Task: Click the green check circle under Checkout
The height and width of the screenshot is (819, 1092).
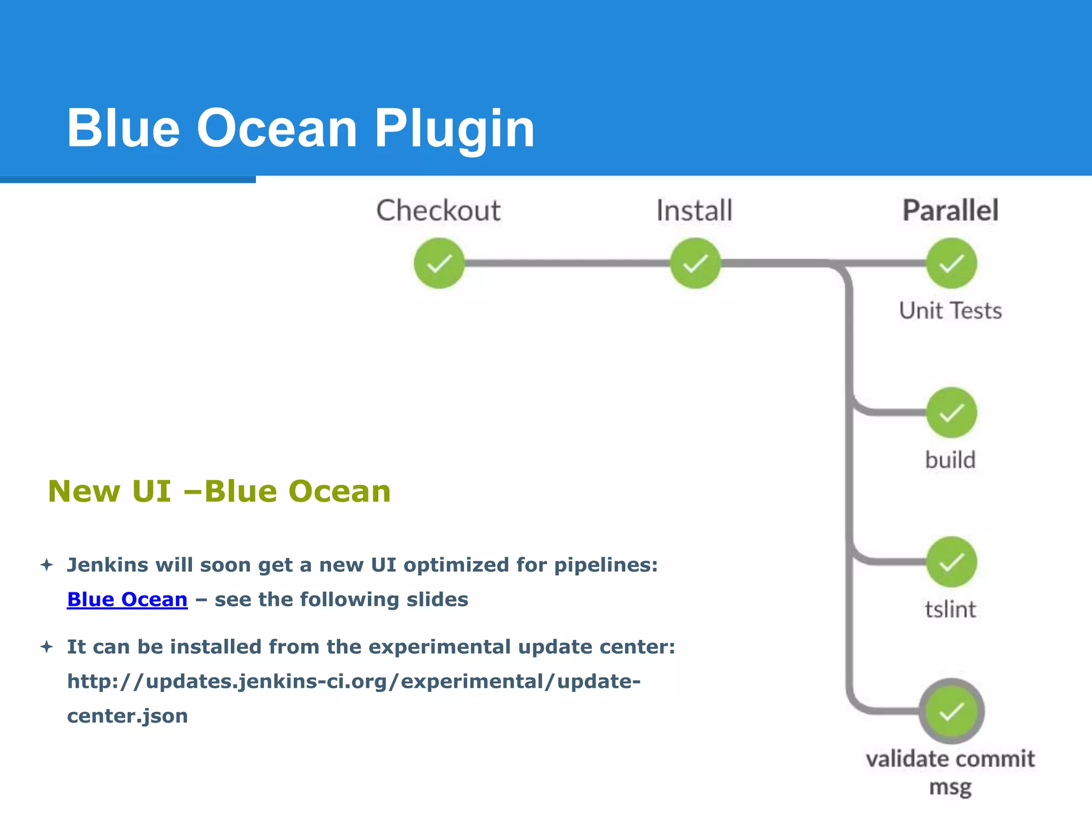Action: [x=439, y=263]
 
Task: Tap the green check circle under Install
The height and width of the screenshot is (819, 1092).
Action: [x=695, y=263]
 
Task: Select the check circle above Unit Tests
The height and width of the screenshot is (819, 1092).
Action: [x=951, y=263]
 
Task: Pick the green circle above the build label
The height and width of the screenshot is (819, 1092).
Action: [x=951, y=413]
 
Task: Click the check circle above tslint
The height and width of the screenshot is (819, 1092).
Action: [x=951, y=562]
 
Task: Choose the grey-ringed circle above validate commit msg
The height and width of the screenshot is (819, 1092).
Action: [x=951, y=711]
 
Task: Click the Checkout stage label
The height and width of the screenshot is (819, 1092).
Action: [x=438, y=211]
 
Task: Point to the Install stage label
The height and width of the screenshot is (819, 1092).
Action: [x=694, y=211]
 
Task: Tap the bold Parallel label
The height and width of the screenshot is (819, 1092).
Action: [x=950, y=210]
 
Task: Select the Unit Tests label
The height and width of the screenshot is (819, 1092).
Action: [x=950, y=311]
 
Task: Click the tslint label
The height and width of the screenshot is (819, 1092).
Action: [x=950, y=609]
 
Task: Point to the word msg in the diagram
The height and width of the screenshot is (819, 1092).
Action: [x=950, y=787]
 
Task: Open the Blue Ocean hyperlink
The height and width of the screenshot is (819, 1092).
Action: [x=127, y=600]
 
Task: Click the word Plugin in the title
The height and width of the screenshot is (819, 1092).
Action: [x=454, y=129]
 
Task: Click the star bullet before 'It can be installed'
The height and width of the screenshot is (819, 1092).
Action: [x=47, y=647]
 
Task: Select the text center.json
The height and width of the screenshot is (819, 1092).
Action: [x=127, y=716]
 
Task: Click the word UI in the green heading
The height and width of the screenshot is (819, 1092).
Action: [x=151, y=491]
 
